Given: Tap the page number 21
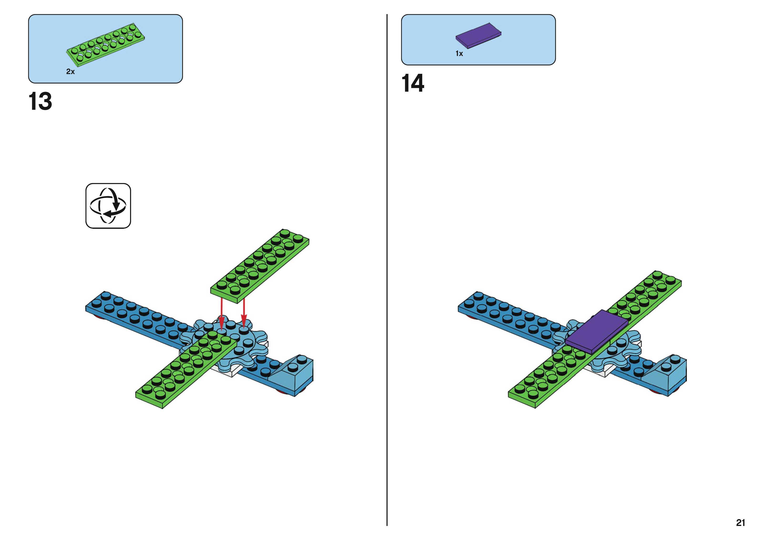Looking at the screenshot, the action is [x=740, y=523].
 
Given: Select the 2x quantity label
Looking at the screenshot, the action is [x=70, y=71].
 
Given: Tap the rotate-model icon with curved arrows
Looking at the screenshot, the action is [x=108, y=206].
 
